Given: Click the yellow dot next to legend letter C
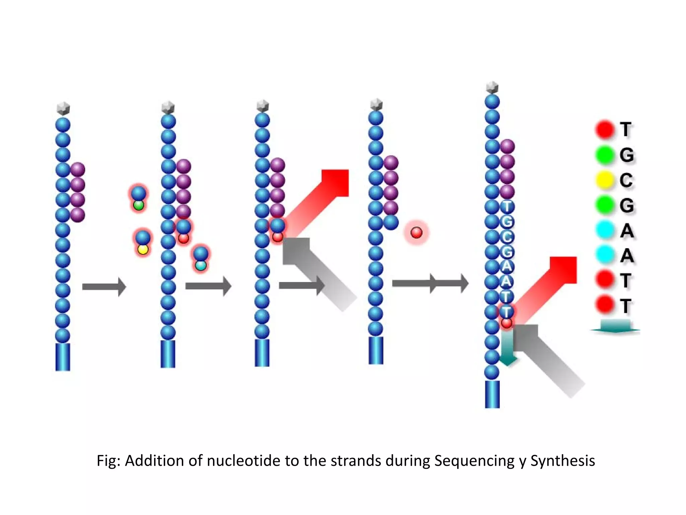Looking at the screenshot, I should (x=605, y=180).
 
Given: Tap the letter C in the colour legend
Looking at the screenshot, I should (x=626, y=180).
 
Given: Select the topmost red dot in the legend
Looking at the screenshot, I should (x=605, y=129).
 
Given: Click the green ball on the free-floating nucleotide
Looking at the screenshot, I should (x=138, y=205).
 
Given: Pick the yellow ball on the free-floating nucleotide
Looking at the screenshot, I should (x=143, y=249).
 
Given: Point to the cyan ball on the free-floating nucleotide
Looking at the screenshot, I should (x=201, y=266).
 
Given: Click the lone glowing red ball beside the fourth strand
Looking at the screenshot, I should (x=416, y=232).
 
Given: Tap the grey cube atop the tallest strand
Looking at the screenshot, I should (x=492, y=88).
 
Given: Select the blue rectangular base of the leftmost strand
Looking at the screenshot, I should (x=63, y=357).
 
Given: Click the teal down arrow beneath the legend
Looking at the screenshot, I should (x=615, y=327).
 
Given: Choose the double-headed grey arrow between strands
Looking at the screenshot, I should (x=430, y=284).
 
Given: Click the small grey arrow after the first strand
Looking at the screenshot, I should (x=104, y=287).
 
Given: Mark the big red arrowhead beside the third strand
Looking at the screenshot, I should (x=335, y=183).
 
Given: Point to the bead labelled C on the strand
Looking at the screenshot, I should (x=507, y=237).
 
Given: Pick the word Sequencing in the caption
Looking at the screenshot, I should (x=474, y=461).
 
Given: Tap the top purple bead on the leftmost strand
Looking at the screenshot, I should (x=78, y=170).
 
